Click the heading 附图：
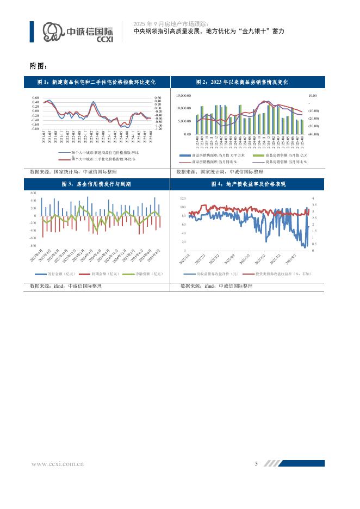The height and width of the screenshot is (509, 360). [x=39, y=66]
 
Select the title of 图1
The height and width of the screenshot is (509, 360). [x=96, y=82]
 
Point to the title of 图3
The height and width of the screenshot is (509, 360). [x=96, y=185]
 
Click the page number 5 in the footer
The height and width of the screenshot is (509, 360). [x=256, y=463]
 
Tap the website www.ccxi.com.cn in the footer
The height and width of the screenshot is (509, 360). [x=57, y=464]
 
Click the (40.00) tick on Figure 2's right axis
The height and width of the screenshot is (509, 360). [x=313, y=134]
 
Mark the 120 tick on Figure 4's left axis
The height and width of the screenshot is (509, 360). [x=183, y=199]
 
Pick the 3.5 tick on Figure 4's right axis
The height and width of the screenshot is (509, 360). [x=314, y=205]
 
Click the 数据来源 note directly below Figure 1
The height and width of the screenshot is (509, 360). [x=67, y=172]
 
